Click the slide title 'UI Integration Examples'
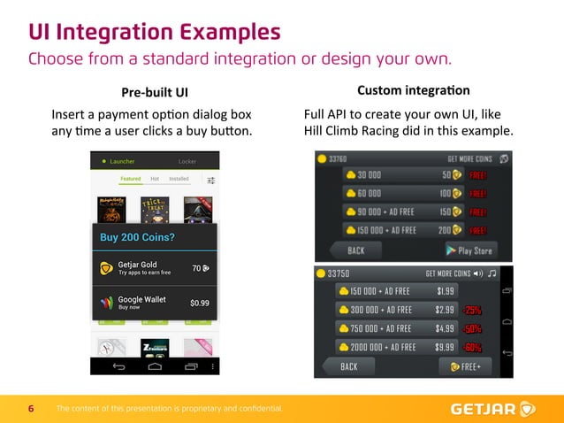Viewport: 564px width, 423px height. [x=155, y=32]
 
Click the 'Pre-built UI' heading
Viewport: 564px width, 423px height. [x=155, y=92]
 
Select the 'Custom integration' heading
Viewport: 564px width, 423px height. [x=413, y=91]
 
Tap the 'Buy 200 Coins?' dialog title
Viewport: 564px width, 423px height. [x=137, y=237]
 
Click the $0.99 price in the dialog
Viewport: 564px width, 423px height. [x=200, y=303]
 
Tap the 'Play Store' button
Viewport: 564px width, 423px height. [x=470, y=250]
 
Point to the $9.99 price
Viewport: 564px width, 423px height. [x=446, y=347]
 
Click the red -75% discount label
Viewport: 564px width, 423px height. [x=472, y=310]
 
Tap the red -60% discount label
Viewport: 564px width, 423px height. [x=472, y=347]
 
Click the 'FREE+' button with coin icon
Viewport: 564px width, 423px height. [x=466, y=366]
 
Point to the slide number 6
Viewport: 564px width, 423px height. [x=32, y=409]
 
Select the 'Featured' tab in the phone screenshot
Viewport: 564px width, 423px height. [x=130, y=179]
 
